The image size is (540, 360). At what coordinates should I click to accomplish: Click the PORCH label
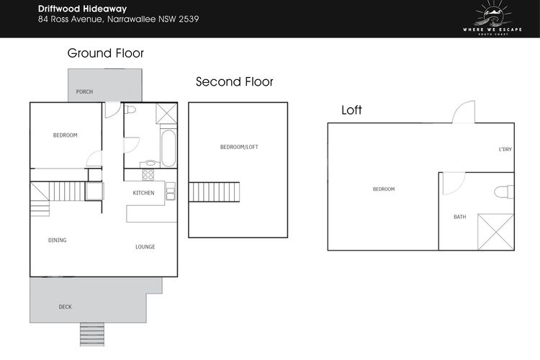tap(84, 91)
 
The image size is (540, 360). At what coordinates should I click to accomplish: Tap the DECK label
tap(66, 307)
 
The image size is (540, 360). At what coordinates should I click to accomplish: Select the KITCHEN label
tap(143, 193)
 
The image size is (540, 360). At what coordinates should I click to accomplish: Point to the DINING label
tap(57, 240)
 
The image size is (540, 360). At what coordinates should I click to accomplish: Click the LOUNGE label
tap(145, 247)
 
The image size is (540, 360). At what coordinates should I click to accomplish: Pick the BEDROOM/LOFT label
tap(239, 147)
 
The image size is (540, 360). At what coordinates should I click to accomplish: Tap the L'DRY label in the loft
tap(505, 149)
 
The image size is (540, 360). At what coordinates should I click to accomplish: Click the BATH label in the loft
tap(460, 217)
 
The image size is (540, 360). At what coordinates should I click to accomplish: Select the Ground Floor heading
tap(105, 53)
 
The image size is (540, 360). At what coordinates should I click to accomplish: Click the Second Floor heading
tap(234, 81)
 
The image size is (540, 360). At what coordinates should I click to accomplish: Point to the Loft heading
tap(351, 110)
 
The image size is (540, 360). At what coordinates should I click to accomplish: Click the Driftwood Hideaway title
tap(82, 9)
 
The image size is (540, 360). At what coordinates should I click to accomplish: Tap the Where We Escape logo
tap(492, 19)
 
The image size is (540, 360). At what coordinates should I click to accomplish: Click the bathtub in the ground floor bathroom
tap(168, 148)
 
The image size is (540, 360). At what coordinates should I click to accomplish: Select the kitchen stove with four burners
tap(148, 175)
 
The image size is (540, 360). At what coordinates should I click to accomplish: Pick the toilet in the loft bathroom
tap(504, 192)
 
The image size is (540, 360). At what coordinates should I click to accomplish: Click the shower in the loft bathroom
tap(495, 232)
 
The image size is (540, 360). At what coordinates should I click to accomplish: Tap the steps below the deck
tap(92, 334)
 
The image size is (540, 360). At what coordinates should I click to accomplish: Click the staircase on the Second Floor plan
tap(214, 192)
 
